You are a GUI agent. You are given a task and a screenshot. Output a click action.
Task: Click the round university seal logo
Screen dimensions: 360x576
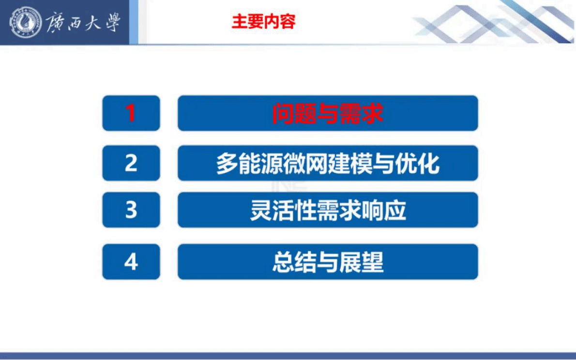click(x=26, y=23)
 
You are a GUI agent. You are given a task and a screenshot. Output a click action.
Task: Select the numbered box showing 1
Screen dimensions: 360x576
click(x=131, y=113)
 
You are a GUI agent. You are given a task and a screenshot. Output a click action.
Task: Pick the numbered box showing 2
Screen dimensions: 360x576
click(x=131, y=164)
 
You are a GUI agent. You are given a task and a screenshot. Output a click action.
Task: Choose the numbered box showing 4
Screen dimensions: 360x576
click(x=131, y=262)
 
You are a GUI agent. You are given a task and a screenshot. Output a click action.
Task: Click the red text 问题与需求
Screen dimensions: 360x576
click(x=328, y=114)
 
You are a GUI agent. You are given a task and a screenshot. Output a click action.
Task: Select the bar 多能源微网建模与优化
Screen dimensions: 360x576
click(x=328, y=164)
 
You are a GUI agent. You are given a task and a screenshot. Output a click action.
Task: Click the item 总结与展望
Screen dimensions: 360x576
click(x=328, y=262)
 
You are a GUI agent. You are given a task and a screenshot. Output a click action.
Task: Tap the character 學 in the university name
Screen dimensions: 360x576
click(x=111, y=23)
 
